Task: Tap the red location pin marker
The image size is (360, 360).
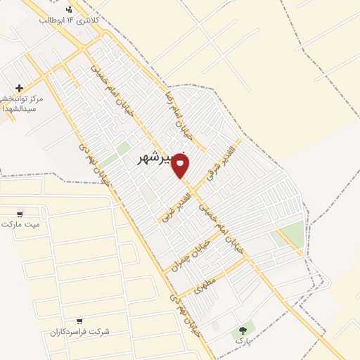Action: [181, 165]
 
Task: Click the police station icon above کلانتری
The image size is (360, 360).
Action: [69, 9]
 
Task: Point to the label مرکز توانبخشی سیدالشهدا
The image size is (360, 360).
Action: [22, 104]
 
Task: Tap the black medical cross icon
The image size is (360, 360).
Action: [19, 88]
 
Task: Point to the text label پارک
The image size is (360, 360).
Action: [243, 341]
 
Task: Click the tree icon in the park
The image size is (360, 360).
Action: [243, 329]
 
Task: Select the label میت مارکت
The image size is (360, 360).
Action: [20, 224]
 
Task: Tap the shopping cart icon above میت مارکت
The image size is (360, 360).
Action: [20, 214]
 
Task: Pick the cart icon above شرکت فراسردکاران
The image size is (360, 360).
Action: [79, 321]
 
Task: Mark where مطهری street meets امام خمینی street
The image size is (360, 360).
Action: [247, 257]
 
